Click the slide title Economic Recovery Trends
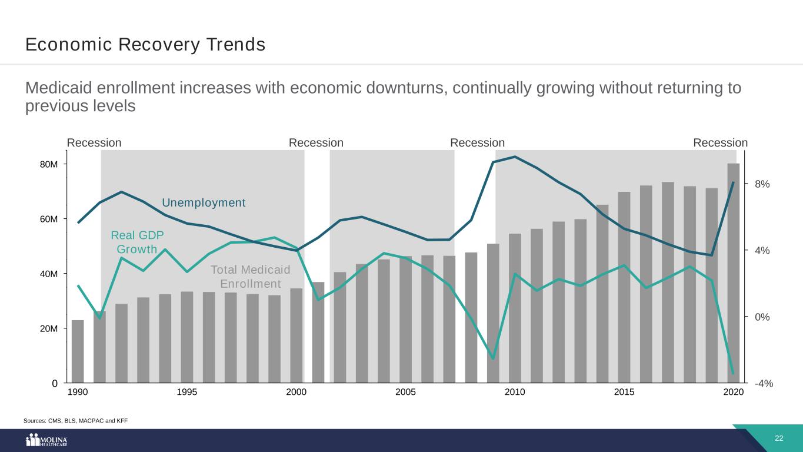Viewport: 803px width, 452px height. pos(145,45)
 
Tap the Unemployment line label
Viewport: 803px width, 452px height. pos(204,203)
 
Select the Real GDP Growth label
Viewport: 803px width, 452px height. pos(137,242)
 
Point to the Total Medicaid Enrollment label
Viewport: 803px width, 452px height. pos(251,277)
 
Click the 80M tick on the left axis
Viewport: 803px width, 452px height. pos(49,164)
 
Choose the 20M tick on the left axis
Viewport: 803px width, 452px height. pos(49,328)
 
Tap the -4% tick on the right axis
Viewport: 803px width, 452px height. pos(764,384)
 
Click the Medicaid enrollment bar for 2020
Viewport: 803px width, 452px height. pos(733,274)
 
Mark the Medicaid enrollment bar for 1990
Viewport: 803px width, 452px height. pos(78,351)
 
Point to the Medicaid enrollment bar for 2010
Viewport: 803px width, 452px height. pos(515,308)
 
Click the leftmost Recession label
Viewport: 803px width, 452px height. pos(94,143)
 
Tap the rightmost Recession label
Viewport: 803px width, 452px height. pos(720,143)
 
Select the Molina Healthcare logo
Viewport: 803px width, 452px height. pos(47,441)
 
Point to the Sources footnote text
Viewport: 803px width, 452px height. pos(75,420)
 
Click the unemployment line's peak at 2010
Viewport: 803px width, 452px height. pos(515,157)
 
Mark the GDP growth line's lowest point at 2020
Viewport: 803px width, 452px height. pos(733,374)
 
